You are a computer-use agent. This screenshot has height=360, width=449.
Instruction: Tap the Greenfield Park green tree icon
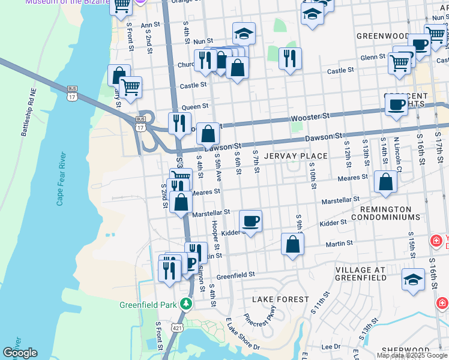coord(186,304)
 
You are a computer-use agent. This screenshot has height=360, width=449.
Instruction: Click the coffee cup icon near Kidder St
coord(250,221)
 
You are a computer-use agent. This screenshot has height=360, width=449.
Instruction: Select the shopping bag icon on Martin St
coord(292,245)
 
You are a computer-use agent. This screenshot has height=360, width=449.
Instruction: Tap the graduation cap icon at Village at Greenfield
coord(413,280)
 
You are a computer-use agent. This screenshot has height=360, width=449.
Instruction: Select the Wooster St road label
coord(310,116)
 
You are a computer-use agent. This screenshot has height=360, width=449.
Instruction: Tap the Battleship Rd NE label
coord(28,114)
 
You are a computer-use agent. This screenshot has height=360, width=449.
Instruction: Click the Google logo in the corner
coord(20,353)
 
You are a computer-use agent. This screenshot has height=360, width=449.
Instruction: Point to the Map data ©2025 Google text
coord(412,355)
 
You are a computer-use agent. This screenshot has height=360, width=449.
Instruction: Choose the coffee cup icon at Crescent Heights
coord(396,105)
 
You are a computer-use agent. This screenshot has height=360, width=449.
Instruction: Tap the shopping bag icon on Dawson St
coord(208,134)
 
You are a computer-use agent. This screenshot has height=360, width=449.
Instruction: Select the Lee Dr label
coord(331,347)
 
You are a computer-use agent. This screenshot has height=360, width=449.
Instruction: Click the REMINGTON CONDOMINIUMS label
coord(394,214)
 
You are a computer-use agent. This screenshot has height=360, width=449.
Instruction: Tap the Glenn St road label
coord(373,57)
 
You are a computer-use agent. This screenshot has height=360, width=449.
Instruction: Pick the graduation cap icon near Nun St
coord(244,34)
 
